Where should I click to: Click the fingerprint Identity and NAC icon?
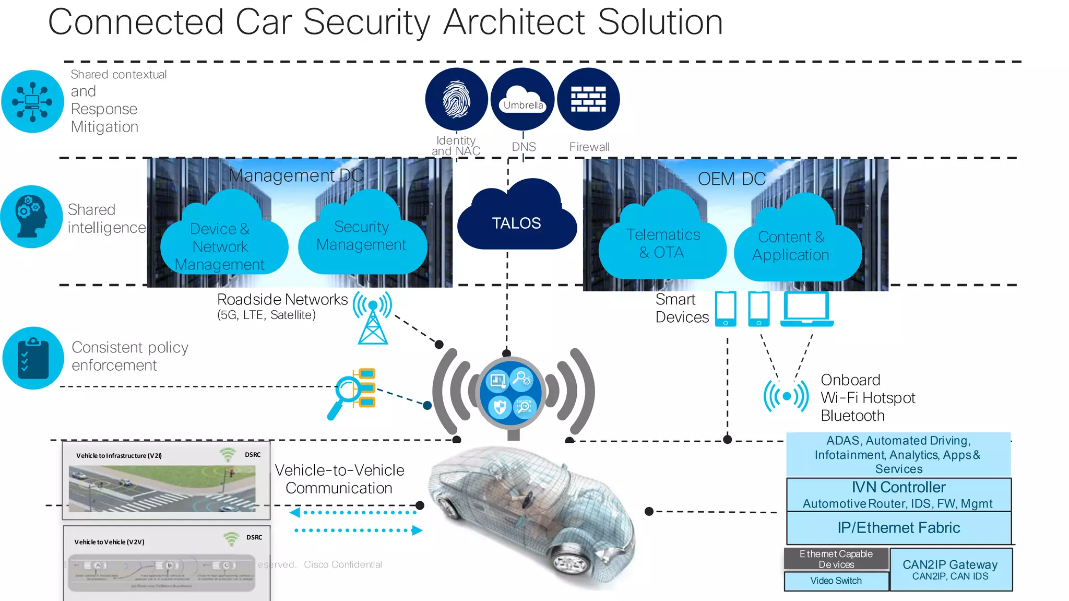coord(456,99)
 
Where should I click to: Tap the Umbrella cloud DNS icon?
coord(522,99)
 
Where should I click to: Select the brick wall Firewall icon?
coord(588,99)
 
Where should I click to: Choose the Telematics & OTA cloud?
coord(662,243)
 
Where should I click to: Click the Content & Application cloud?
coord(791,245)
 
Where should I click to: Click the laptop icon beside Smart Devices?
coord(806,309)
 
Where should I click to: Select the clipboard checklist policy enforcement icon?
coord(33,358)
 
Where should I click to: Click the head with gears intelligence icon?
coord(31,216)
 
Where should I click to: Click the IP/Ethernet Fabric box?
coord(898,528)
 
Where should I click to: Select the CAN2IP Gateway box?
coord(951,569)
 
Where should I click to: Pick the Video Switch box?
coord(836,581)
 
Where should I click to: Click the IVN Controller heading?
coord(898,487)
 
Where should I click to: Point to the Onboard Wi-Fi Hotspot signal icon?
coord(786,396)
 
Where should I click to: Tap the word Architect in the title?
coord(514,22)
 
